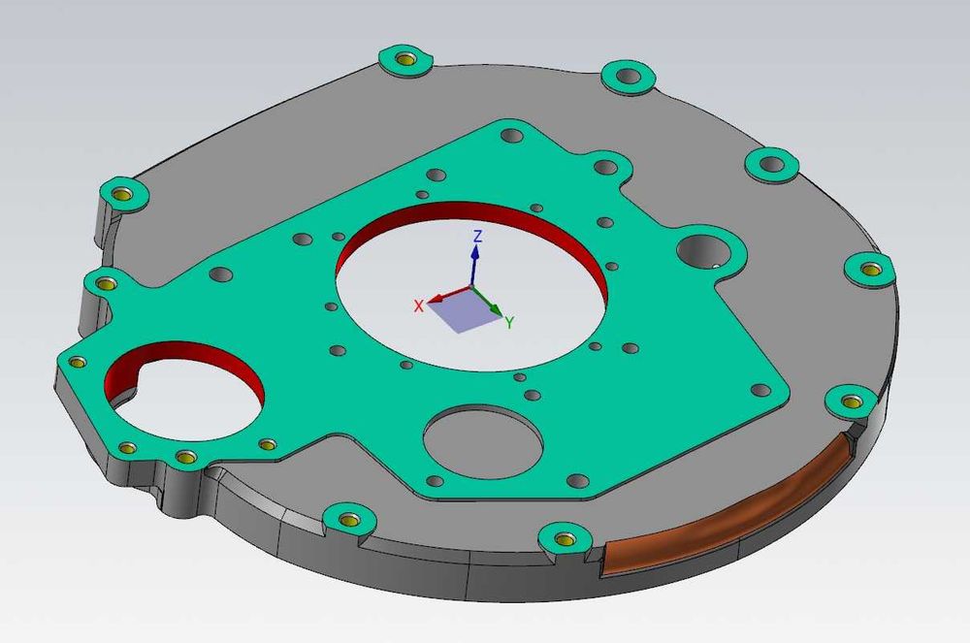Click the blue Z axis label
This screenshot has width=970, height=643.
coord(477,236)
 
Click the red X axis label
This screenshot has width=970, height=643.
coord(419,305)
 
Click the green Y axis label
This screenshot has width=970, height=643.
coord(509,322)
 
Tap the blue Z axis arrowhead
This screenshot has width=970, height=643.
coord(475,251)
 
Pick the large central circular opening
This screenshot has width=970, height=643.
coord(471,286)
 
